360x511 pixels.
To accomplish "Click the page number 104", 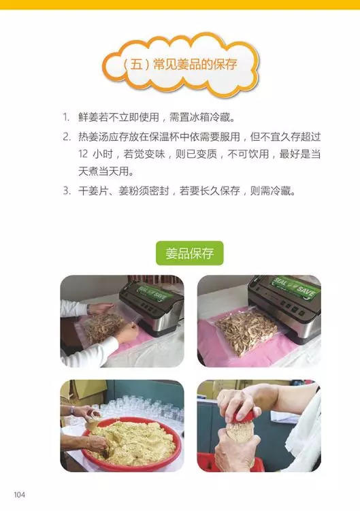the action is [19, 495].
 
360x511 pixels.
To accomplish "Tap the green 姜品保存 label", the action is [190, 253].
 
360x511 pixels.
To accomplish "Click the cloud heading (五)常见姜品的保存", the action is [180, 65].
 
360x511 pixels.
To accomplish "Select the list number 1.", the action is [66, 117].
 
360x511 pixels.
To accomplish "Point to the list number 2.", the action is [67, 137].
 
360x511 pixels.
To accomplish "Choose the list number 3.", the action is [67, 191].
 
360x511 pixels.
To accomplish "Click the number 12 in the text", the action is [83, 154].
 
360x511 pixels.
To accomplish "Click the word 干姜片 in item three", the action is [93, 191].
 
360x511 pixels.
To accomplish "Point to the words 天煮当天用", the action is [103, 171].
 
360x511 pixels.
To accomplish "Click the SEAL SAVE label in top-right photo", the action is [295, 286].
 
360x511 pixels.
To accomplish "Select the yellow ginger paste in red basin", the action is [133, 442].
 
